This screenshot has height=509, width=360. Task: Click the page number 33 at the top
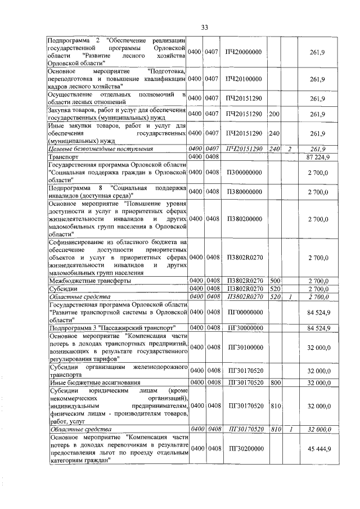coord(204,28)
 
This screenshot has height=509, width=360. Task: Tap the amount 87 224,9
coord(318,156)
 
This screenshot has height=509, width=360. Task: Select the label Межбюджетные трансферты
coord(90,280)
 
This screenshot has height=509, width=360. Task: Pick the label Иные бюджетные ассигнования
coord(93,382)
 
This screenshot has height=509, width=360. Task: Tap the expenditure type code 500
coord(275,280)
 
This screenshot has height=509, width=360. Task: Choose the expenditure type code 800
coord(275,382)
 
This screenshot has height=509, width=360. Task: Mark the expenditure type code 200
coord(274,114)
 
